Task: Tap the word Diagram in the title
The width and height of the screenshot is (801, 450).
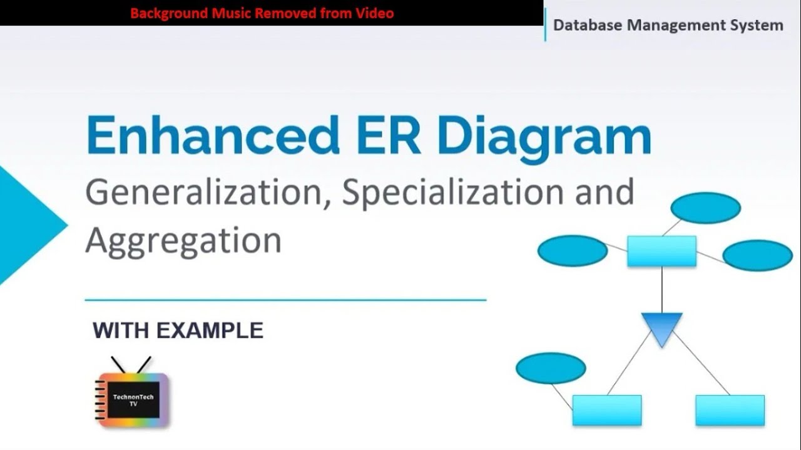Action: [544, 136]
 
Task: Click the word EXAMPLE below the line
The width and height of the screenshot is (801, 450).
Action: [210, 330]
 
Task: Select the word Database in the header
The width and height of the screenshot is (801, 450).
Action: [588, 26]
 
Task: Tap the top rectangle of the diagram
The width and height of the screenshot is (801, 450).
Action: [661, 251]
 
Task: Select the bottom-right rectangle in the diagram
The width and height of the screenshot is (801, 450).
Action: [730, 410]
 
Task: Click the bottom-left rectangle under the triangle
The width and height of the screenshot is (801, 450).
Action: [606, 410]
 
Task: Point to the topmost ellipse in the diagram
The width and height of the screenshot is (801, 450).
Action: [705, 208]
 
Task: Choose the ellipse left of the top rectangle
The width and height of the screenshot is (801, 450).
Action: [572, 251]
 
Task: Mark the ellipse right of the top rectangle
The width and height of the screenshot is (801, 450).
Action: [757, 255]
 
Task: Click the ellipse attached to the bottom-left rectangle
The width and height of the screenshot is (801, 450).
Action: [551, 368]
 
